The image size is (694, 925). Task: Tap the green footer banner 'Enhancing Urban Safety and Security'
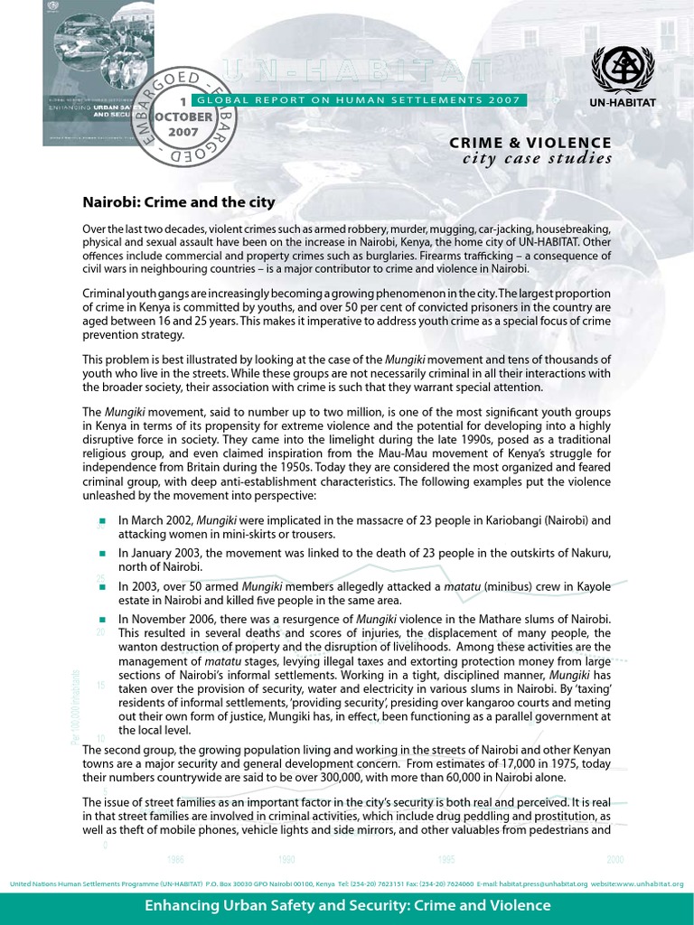347,905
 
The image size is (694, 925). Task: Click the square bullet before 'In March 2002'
102,521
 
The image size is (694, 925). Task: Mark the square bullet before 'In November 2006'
102,619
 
